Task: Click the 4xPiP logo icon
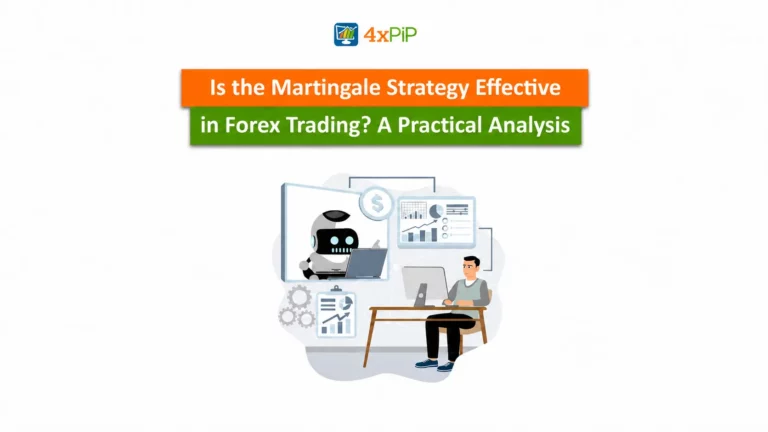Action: point(346,34)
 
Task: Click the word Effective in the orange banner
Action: point(518,88)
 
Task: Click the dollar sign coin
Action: point(377,203)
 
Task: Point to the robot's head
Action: point(336,233)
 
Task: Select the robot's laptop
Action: point(365,263)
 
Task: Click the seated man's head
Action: point(471,268)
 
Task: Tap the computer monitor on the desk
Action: point(424,286)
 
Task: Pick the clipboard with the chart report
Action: point(336,313)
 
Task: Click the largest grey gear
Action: point(299,297)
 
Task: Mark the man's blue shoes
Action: point(434,365)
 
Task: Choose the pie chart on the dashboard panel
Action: point(436,211)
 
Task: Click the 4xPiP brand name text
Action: point(390,35)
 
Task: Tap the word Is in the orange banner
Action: point(217,88)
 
